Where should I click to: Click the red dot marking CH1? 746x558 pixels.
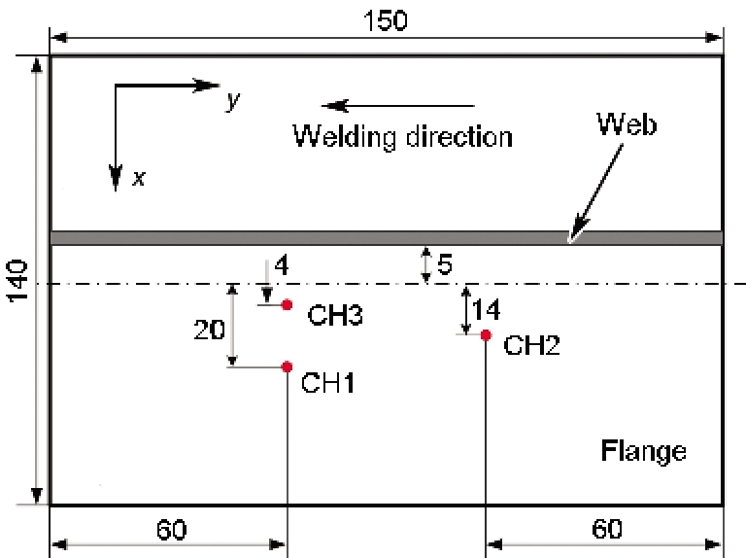pos(287,366)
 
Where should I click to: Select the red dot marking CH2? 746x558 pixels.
pos(486,335)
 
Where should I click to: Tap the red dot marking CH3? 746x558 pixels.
pos(287,304)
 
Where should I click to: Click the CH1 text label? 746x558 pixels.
pos(327,382)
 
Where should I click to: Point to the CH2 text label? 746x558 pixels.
pos(531,345)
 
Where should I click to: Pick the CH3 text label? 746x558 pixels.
pos(335,315)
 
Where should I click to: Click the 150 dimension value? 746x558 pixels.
pos(386,20)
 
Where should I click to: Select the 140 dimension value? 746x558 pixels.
pos(17,281)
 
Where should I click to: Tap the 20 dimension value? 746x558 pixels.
pos(210,330)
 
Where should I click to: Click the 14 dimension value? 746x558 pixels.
pos(486,310)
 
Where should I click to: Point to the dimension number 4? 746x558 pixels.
pos(282,265)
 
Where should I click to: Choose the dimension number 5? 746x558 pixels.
pos(444,264)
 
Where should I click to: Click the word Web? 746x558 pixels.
pos(627,124)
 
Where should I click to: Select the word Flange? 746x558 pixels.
pos(643,451)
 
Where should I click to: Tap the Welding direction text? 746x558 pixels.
pos(402,136)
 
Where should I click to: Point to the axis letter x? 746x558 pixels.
pos(139,178)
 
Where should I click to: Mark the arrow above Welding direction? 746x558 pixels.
pos(398,106)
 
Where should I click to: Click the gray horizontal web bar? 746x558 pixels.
pos(387,237)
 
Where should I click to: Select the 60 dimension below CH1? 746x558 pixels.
pos(171,530)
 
